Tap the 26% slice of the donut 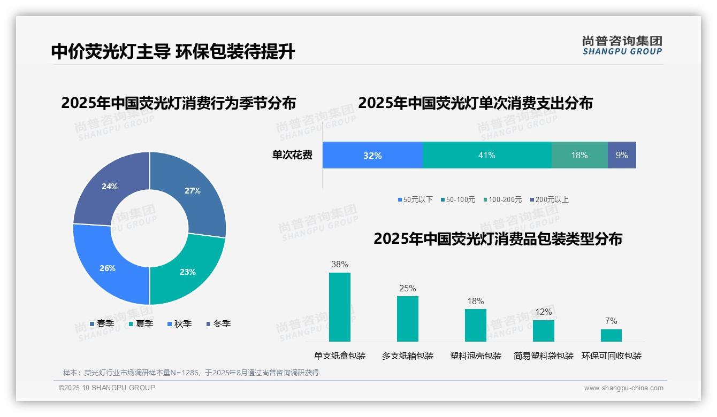[108, 268]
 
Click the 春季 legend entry [102, 323]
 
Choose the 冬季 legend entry [218, 323]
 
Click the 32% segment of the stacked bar [372, 156]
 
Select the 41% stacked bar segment [487, 156]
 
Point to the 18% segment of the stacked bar [579, 156]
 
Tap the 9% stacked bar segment [622, 156]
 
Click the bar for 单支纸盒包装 [340, 307]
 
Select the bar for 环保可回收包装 [611, 335]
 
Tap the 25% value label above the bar [407, 289]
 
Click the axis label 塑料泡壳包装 [476, 356]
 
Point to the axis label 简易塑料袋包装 [544, 356]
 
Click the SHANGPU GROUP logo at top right [622, 45]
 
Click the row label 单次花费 [292, 156]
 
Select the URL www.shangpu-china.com [623, 388]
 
